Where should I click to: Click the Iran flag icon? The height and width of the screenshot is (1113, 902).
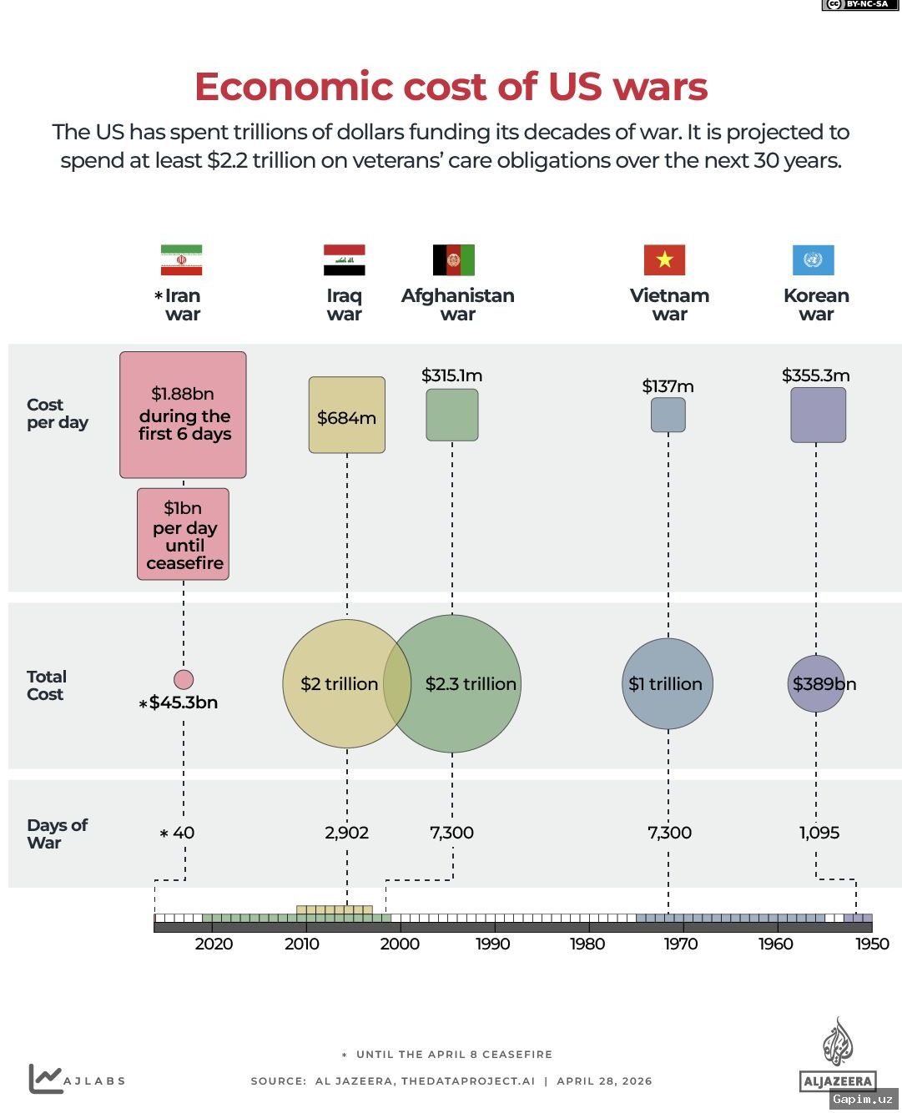point(181,259)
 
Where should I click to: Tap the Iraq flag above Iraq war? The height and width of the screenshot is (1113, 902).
point(344,259)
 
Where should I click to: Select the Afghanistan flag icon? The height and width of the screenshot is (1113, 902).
point(453,259)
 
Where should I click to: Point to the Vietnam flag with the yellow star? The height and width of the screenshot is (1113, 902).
point(663,259)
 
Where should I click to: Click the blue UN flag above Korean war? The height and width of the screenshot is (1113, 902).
point(813,259)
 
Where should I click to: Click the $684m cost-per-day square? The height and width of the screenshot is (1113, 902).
point(346,415)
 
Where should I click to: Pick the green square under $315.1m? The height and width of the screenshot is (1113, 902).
point(451,415)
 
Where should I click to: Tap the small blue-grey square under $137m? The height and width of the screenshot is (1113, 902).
point(668,415)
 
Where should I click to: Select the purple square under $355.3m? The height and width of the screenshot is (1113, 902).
point(818,415)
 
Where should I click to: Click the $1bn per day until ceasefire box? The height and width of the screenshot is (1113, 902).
point(183,533)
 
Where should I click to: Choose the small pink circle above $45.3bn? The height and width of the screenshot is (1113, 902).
point(184,679)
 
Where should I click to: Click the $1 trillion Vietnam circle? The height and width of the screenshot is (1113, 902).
point(667,683)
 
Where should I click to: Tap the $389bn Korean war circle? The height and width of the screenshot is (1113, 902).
point(815,683)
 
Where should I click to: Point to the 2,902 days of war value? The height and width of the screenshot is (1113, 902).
point(346,832)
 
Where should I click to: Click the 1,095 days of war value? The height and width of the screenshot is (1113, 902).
point(819,832)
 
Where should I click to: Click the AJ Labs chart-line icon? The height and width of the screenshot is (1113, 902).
point(45,1078)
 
